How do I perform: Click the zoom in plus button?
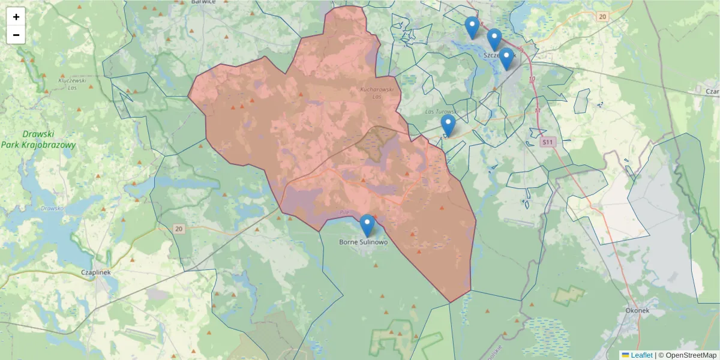pos(16,17)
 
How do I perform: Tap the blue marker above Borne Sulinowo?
pos(367,225)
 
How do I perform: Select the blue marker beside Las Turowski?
pos(448,125)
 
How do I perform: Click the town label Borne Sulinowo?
pos(364,242)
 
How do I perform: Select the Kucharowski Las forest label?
pos(376,92)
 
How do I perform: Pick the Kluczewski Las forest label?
pos(73,83)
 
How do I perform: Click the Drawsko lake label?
pos(53,209)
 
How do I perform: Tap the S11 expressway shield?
pos(547,142)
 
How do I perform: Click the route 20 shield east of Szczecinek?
pos(602,16)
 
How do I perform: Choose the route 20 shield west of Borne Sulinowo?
pos(178,229)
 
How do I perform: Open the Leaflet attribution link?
pos(641,355)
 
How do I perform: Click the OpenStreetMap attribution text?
pos(687,355)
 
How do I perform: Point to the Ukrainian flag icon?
pos(625,355)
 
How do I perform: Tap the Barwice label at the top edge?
pos(203,2)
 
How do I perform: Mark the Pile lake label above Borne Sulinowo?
pos(344,212)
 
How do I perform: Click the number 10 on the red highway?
pos(532,79)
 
